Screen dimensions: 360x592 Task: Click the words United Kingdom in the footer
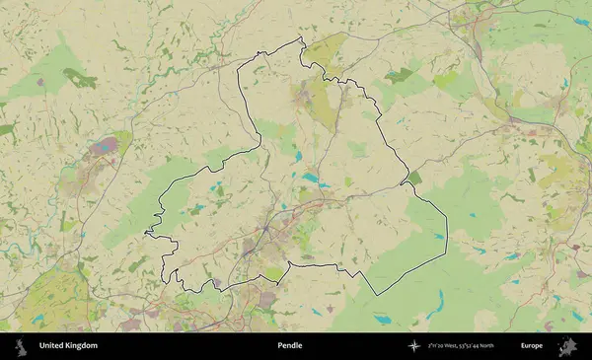68,346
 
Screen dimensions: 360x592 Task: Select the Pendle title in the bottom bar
290,346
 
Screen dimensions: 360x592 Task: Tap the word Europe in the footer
532,346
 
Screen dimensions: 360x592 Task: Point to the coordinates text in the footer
461,346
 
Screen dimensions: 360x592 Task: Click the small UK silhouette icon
21,346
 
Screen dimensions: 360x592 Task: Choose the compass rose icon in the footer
412,346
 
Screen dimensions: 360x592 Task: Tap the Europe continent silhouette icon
566,346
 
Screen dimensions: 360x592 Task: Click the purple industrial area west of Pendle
104,150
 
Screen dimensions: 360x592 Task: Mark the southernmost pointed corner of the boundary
375,295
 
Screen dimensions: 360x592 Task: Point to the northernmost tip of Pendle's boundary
301,38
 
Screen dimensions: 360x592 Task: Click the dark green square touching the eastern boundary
413,179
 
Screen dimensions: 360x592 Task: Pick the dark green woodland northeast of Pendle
399,74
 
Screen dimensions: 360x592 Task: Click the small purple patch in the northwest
40,83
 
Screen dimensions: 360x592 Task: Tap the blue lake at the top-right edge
583,22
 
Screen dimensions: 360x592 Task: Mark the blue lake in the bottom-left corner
37,320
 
